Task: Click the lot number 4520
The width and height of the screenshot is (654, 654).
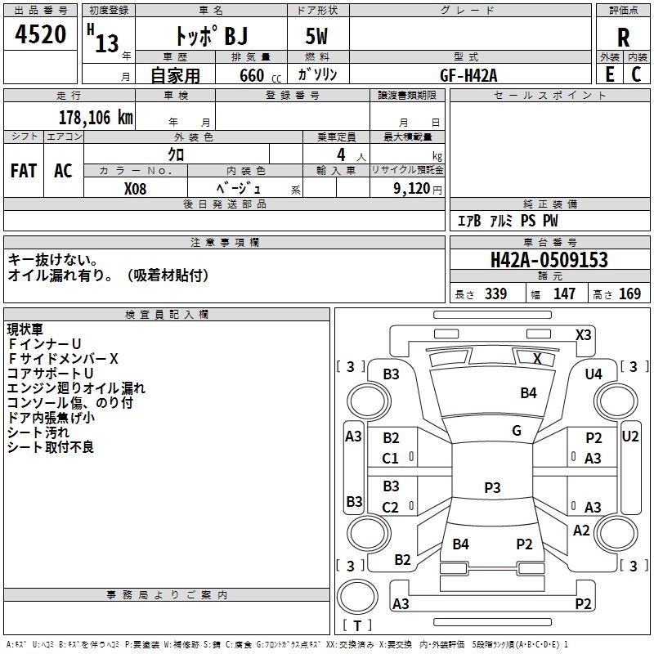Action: pyautogui.click(x=42, y=34)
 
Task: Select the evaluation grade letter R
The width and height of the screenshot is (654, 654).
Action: pyautogui.click(x=623, y=37)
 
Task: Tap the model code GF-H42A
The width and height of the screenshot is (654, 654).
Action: pyautogui.click(x=468, y=74)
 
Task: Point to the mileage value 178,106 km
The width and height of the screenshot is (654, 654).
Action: pyautogui.click(x=96, y=117)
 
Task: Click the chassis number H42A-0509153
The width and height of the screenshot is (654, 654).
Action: pyautogui.click(x=549, y=260)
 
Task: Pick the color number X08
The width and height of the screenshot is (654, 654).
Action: pyautogui.click(x=136, y=188)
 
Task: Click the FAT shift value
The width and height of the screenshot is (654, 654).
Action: pyautogui.click(x=24, y=171)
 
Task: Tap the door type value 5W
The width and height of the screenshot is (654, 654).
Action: pyautogui.click(x=318, y=37)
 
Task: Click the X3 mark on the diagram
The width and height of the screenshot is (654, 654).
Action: pyautogui.click(x=583, y=334)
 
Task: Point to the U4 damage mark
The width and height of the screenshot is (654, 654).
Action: pyautogui.click(x=594, y=374)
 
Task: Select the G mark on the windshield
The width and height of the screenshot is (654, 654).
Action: pyautogui.click(x=517, y=431)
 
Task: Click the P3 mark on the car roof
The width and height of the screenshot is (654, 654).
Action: pyautogui.click(x=492, y=487)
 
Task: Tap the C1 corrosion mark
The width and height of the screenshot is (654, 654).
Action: pyautogui.click(x=391, y=459)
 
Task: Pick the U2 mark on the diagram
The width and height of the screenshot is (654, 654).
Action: pyautogui.click(x=630, y=436)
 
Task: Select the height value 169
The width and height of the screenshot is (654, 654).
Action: pyautogui.click(x=629, y=294)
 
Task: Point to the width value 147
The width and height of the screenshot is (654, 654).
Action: pyautogui.click(x=564, y=294)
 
